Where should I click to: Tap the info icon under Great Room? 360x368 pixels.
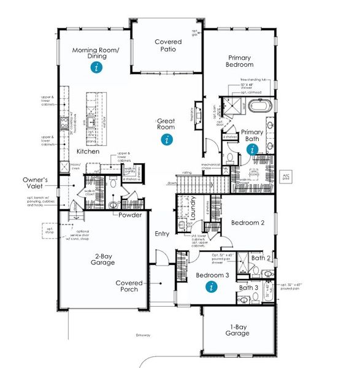166,139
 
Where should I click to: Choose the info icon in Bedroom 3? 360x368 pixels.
212,286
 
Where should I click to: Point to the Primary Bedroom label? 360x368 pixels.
239,60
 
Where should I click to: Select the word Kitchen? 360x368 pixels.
88,151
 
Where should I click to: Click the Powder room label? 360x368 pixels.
131,215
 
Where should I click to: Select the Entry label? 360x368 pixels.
163,233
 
